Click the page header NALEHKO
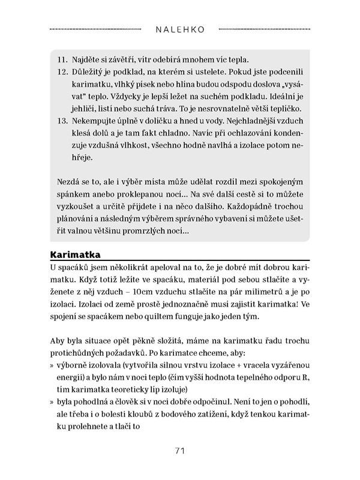coord(180,28)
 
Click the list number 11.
coord(63,61)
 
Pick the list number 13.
coord(63,121)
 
